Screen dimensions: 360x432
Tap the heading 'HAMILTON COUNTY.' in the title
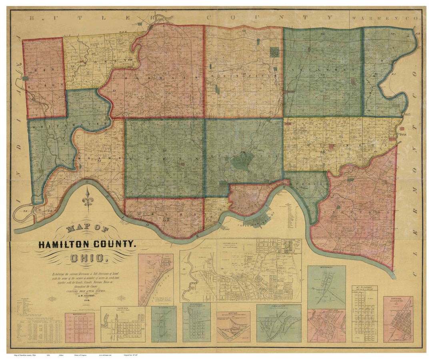tap(88, 244)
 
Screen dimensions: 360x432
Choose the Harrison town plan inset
tap(123, 325)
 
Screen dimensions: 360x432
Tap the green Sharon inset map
tap(164, 324)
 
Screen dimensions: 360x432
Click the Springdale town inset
tap(196, 323)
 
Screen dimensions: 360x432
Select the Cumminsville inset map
tap(279, 324)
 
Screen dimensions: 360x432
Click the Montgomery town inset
tap(326, 286)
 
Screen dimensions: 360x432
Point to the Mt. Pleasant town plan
tap(364, 314)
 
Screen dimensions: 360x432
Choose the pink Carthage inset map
tap(398, 320)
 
